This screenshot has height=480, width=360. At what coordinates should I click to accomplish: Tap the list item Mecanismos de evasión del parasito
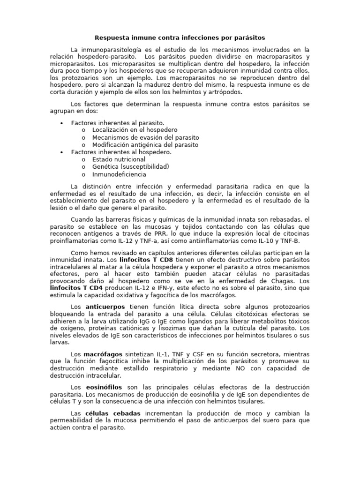pyautogui.click(x=145, y=137)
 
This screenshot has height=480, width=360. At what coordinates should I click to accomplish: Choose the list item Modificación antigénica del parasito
pyautogui.click(x=145, y=145)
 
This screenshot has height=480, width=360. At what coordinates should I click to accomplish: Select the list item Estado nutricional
pyautogui.click(x=119, y=159)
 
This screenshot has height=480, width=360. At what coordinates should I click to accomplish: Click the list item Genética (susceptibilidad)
pyautogui.click(x=130, y=166)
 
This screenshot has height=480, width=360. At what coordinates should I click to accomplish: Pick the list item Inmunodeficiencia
pyautogui.click(x=119, y=174)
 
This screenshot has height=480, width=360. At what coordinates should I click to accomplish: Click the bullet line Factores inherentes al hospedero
pyautogui.click(x=121, y=152)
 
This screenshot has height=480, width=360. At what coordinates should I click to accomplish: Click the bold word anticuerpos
pyautogui.click(x=105, y=307)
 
